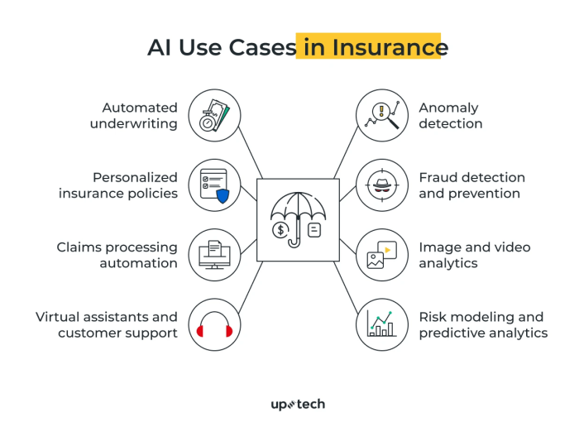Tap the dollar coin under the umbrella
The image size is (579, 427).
coord(281,229)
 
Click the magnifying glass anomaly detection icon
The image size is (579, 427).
coord(381,115)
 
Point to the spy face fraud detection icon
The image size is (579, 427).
coord(381,185)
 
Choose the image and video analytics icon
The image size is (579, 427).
coord(381,254)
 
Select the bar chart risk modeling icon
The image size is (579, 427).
coord(381,324)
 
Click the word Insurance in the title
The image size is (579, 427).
coord(390,47)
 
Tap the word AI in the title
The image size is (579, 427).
coord(160,47)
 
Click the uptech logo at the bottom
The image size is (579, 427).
coord(298,404)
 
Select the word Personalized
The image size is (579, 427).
coord(136,177)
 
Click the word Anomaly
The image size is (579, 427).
coord(448,108)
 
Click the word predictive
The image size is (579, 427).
coord(452,333)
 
